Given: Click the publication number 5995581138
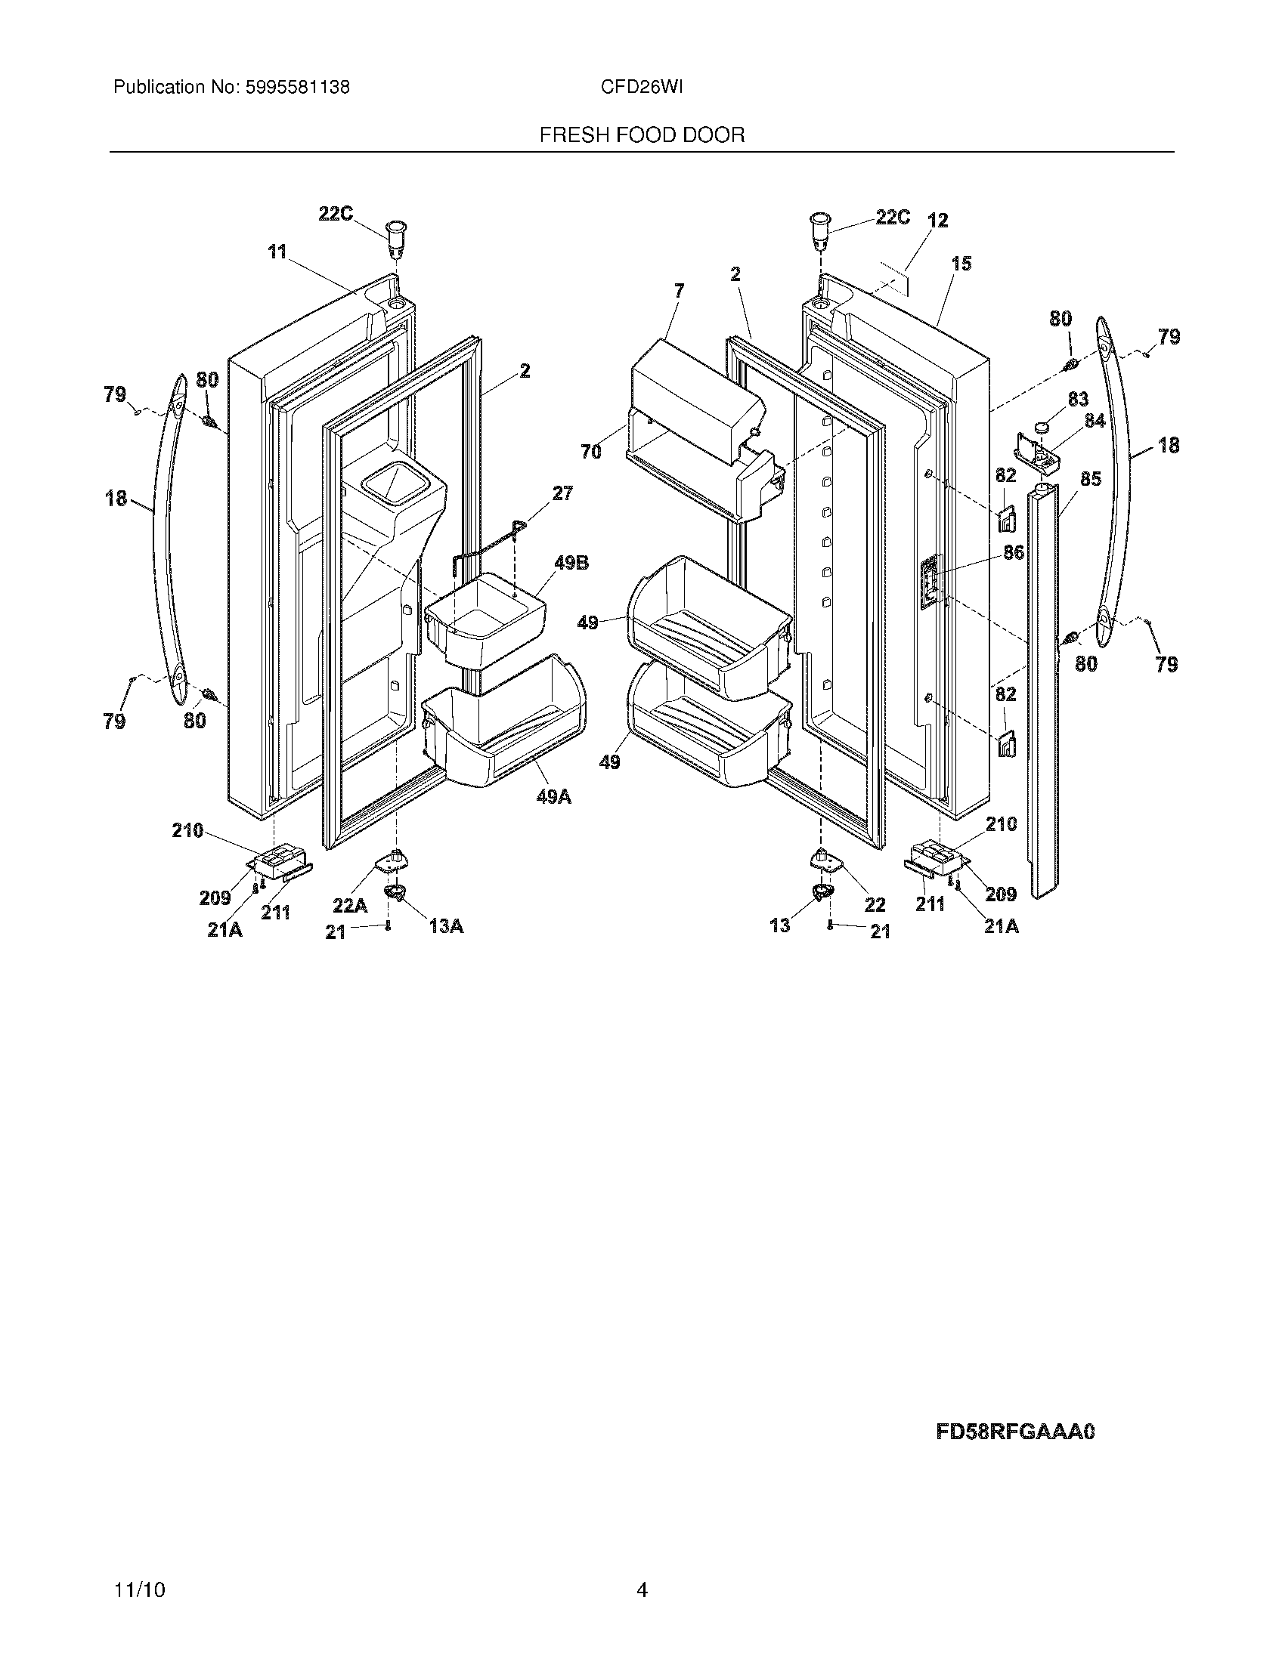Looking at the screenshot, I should [297, 88].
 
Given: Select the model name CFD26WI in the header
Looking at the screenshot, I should [641, 88].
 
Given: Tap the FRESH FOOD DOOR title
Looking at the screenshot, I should [642, 135].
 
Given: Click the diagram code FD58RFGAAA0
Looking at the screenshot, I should [1014, 1432].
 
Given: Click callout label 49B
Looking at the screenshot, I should [571, 563].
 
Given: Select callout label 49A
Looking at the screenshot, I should [553, 797].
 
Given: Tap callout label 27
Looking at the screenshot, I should [562, 493].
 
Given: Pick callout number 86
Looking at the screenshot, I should [1013, 553].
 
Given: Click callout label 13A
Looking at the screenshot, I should [446, 926].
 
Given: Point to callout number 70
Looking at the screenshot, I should [591, 451].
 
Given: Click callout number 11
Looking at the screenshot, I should [277, 251].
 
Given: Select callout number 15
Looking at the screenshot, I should [961, 264].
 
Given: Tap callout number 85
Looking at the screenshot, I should [1090, 479].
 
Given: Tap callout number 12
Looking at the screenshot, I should [938, 221].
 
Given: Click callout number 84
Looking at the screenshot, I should [1095, 420].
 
